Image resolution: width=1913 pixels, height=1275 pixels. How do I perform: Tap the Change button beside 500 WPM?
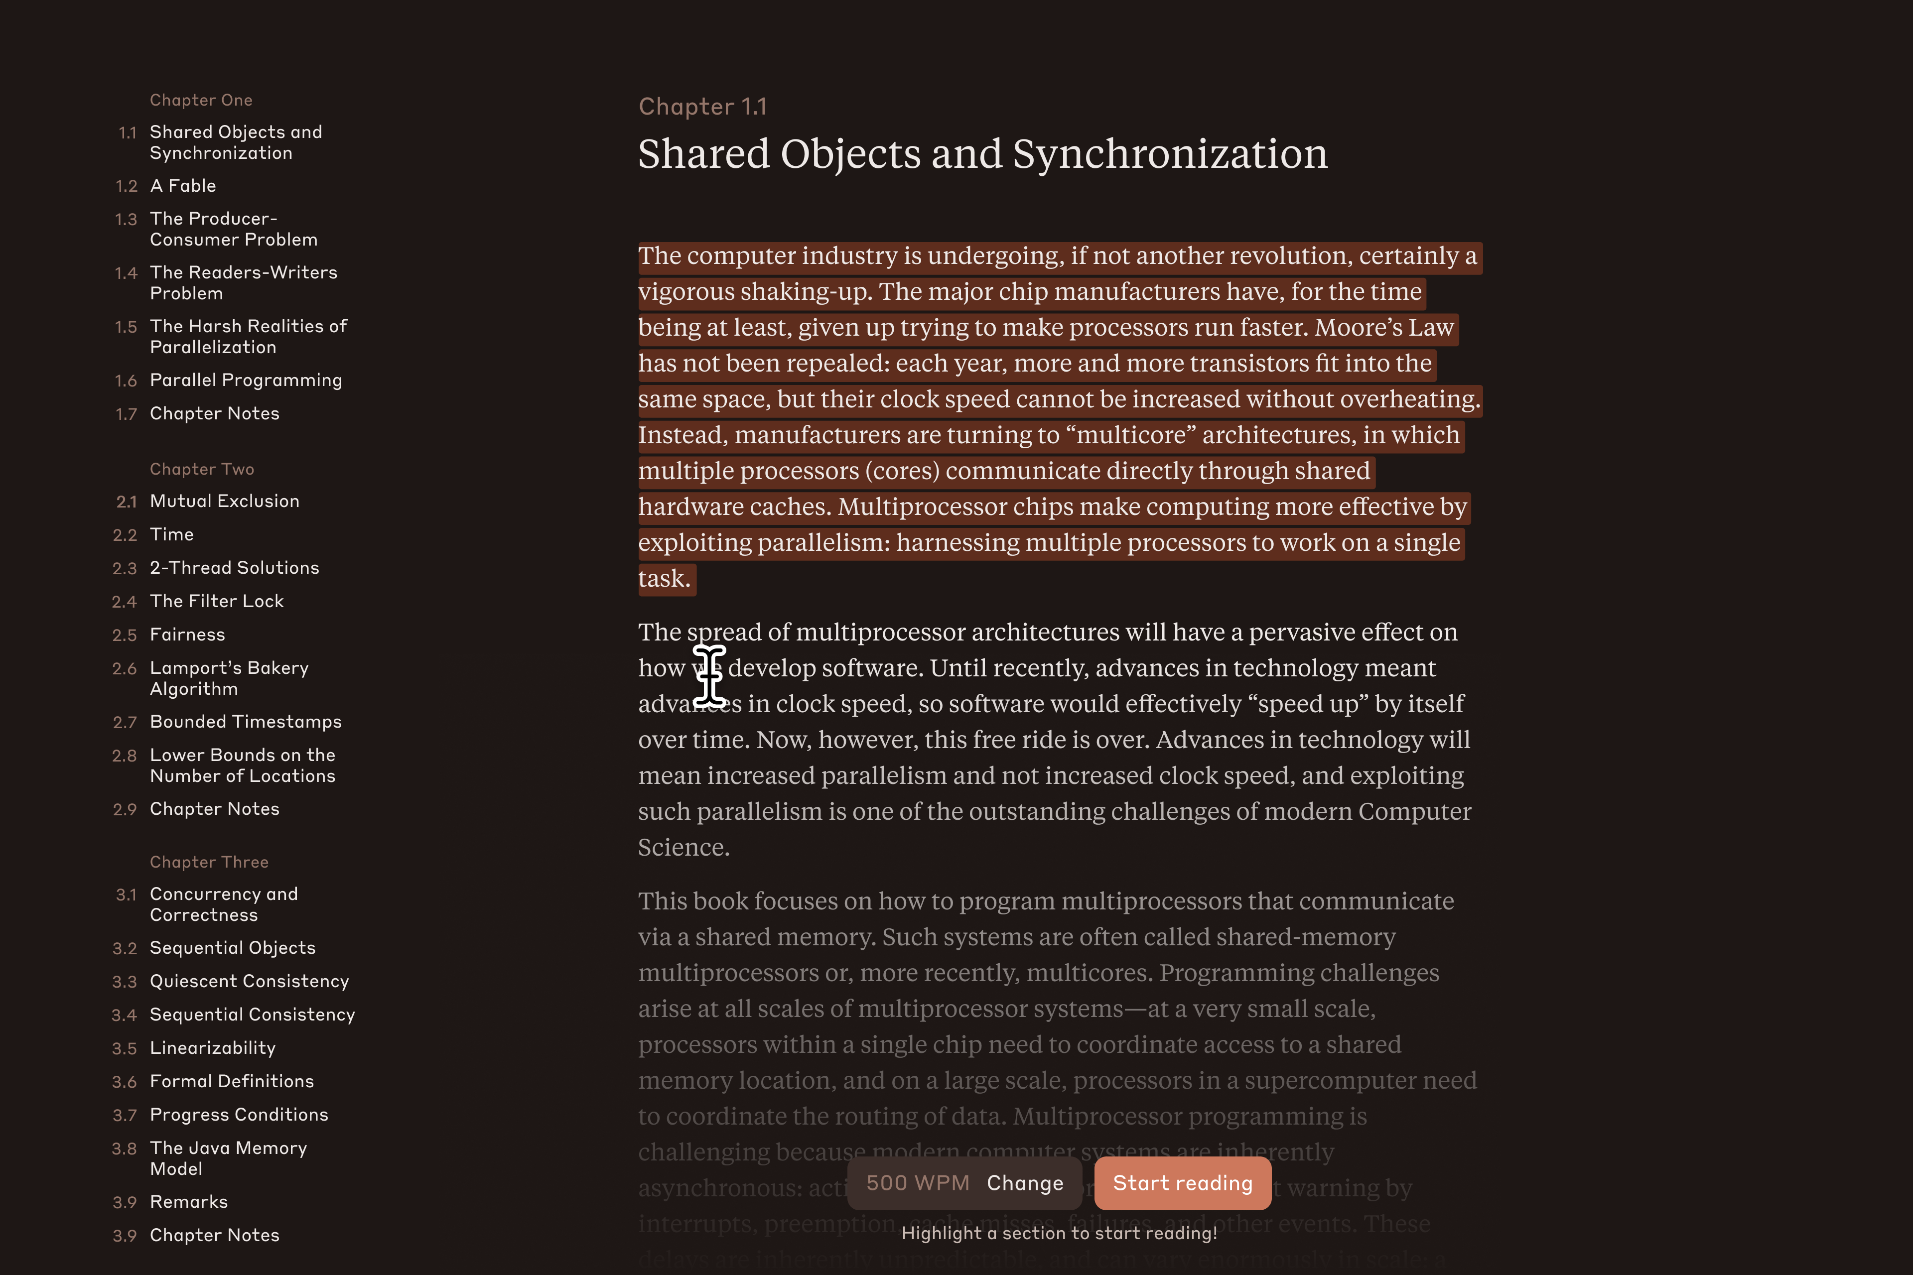click(1025, 1183)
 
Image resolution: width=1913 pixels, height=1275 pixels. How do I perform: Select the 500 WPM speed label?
click(918, 1183)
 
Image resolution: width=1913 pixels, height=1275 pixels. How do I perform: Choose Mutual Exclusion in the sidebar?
click(225, 502)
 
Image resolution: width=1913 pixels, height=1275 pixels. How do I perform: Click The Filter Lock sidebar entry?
click(216, 602)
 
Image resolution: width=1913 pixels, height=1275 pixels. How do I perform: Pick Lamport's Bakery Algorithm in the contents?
click(229, 678)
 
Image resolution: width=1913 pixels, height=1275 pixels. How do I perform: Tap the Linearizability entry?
click(212, 1048)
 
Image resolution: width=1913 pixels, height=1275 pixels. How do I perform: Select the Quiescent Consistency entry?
click(249, 982)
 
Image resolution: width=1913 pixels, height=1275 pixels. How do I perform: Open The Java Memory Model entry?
click(228, 1158)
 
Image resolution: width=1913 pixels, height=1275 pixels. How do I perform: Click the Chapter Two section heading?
click(202, 469)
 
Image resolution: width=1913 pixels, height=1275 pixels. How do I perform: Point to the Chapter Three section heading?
click(209, 862)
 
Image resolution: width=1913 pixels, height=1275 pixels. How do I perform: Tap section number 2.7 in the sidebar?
click(125, 723)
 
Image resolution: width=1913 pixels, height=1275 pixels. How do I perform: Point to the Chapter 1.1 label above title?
click(702, 107)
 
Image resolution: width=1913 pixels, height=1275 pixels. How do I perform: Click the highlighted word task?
click(663, 579)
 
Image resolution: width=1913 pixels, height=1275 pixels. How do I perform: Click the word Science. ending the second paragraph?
click(683, 847)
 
